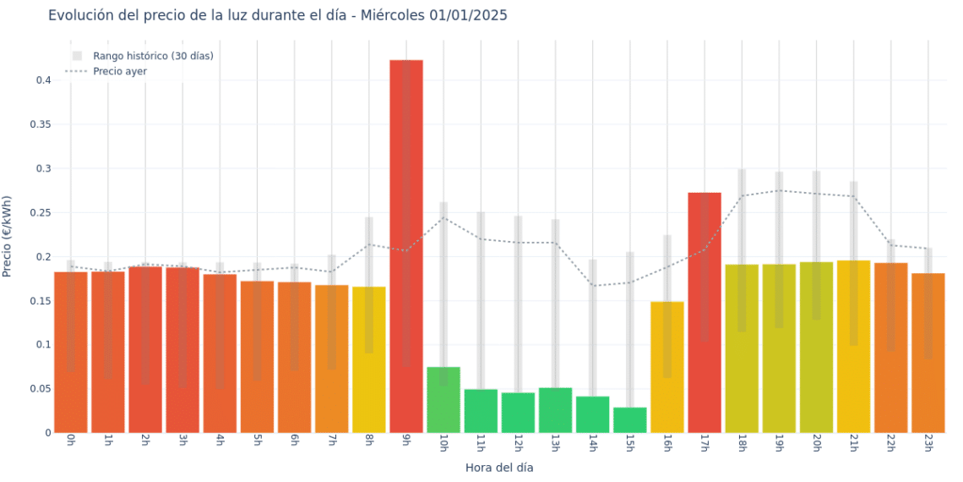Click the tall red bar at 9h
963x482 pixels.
coord(406,245)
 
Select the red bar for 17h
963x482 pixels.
coord(705,313)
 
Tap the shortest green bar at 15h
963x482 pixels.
coord(630,420)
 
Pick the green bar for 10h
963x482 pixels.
coord(443,400)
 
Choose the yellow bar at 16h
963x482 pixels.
coord(667,367)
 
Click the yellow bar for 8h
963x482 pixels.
coord(369,359)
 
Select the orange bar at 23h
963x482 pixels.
coord(928,353)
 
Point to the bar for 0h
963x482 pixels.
coord(71,352)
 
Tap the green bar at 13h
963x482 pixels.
coord(555,410)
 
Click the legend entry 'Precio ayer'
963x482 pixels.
coord(120,71)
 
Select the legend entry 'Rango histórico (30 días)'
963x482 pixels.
coord(153,56)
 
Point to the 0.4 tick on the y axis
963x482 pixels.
coord(43,80)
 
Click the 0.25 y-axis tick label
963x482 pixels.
coord(40,212)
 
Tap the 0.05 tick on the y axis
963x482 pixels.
coord(40,389)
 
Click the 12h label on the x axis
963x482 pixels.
coord(518,443)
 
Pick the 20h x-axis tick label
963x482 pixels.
coord(817,443)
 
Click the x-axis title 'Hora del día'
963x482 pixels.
coord(499,467)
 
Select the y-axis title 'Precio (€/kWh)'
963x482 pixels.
coord(8,237)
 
